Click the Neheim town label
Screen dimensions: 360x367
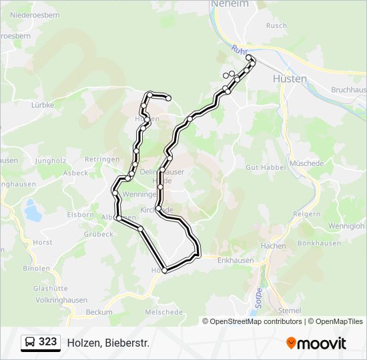230,4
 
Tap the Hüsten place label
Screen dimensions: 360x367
290,79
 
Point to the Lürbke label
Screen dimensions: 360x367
42,105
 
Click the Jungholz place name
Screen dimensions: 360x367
51,161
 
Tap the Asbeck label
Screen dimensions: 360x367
74,173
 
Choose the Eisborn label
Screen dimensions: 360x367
81,215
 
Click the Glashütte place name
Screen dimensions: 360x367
50,288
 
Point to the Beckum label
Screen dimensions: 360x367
99,312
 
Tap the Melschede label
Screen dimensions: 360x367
164,312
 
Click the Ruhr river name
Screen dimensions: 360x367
240,50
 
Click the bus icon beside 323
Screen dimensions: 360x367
29,343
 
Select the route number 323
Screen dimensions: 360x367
48,342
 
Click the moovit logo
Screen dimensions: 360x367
317,343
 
